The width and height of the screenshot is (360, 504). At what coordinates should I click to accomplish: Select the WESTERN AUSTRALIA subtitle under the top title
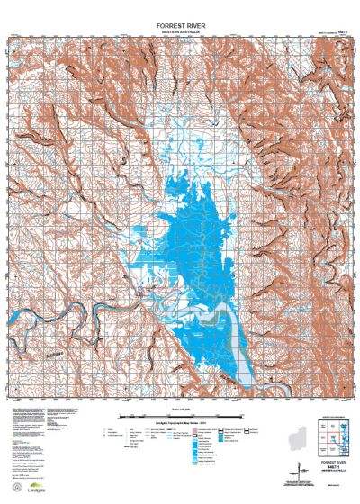click(179, 31)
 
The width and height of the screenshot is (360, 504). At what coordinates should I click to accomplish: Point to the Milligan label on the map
click(55, 354)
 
